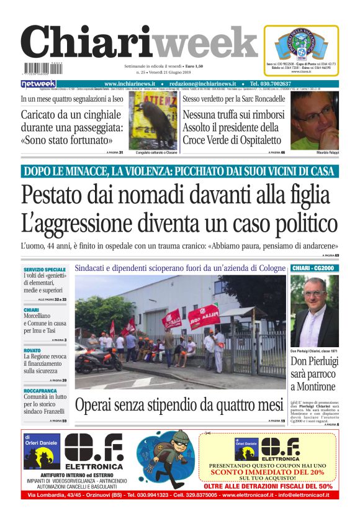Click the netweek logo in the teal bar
click(38, 84)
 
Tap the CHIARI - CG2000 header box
click(314, 268)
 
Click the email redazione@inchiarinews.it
click(204, 84)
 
